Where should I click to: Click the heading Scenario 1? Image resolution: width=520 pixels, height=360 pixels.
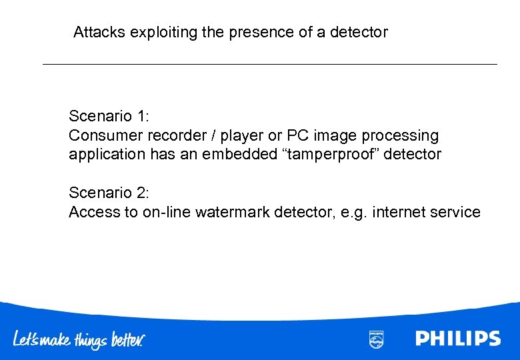tap(109, 116)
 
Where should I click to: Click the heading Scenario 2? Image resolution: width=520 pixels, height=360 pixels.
tap(109, 193)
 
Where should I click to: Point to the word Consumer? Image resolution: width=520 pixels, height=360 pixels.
tap(102, 135)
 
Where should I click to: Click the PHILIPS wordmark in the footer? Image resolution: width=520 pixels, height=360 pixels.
tap(458, 339)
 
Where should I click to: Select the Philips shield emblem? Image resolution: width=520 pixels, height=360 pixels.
tap(376, 339)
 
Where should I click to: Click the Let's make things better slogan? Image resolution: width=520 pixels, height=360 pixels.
tap(79, 339)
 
